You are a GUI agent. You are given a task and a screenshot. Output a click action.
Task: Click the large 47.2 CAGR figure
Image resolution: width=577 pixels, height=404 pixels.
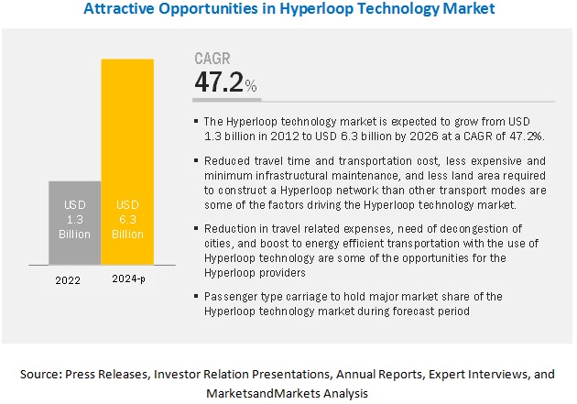coord(220,82)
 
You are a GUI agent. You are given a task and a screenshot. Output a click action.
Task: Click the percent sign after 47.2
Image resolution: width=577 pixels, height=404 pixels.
coord(252,88)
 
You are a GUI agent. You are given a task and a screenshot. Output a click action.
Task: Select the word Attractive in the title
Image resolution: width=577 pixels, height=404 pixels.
coord(116,10)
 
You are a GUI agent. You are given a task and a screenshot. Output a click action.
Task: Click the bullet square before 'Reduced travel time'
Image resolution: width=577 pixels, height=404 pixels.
coord(198,160)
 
